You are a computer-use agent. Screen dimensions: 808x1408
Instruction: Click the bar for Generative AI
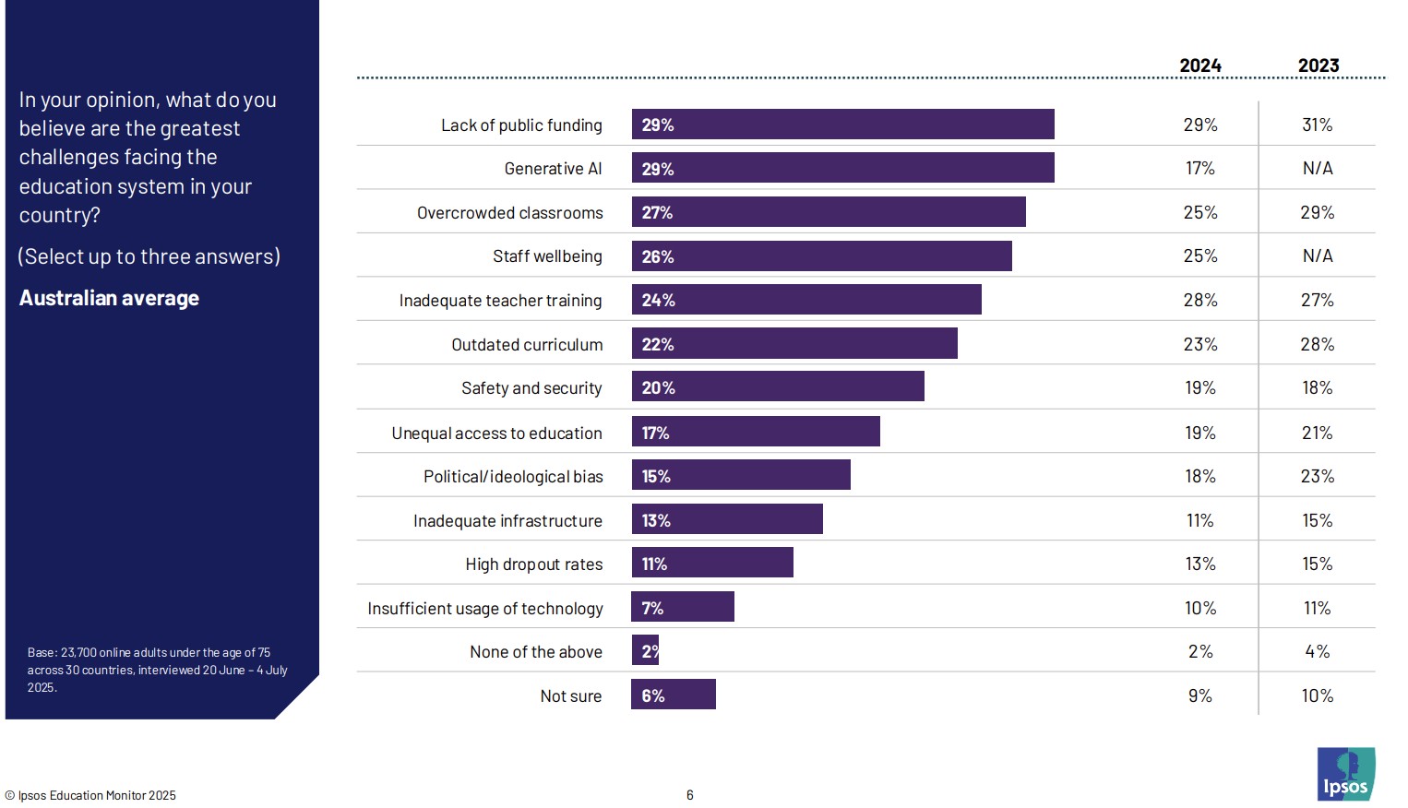tap(842, 168)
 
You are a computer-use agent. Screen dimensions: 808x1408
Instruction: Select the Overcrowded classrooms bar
tap(828, 212)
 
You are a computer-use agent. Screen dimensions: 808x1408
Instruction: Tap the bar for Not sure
tap(674, 695)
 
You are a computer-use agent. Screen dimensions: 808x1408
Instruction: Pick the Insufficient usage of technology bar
tap(683, 607)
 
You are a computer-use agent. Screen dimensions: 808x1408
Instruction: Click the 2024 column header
tap(1199, 65)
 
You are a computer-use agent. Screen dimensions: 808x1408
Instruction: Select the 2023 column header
tap(1318, 65)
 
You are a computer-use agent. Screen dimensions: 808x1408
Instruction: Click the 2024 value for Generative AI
tap(1199, 168)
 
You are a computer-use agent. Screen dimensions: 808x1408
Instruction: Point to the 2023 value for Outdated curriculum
tap(1317, 344)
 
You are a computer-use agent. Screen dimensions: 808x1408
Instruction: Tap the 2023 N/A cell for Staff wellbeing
tap(1317, 255)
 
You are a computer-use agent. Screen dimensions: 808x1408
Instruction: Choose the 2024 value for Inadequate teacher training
tap(1199, 300)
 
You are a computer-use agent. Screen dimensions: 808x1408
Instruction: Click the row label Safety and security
tap(531, 388)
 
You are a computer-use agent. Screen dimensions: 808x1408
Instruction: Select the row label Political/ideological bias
tap(513, 477)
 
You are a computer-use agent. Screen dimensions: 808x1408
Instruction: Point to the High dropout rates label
tap(533, 564)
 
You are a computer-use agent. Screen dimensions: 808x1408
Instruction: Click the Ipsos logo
tap(1345, 774)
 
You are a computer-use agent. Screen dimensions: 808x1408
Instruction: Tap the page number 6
tap(689, 795)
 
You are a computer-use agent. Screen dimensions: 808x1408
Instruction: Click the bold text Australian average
tap(109, 298)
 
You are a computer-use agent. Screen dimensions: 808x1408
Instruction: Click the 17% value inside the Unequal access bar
tap(655, 433)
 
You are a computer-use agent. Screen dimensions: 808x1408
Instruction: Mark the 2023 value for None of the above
tap(1317, 651)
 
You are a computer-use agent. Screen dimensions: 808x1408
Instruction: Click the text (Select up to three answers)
tap(149, 256)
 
